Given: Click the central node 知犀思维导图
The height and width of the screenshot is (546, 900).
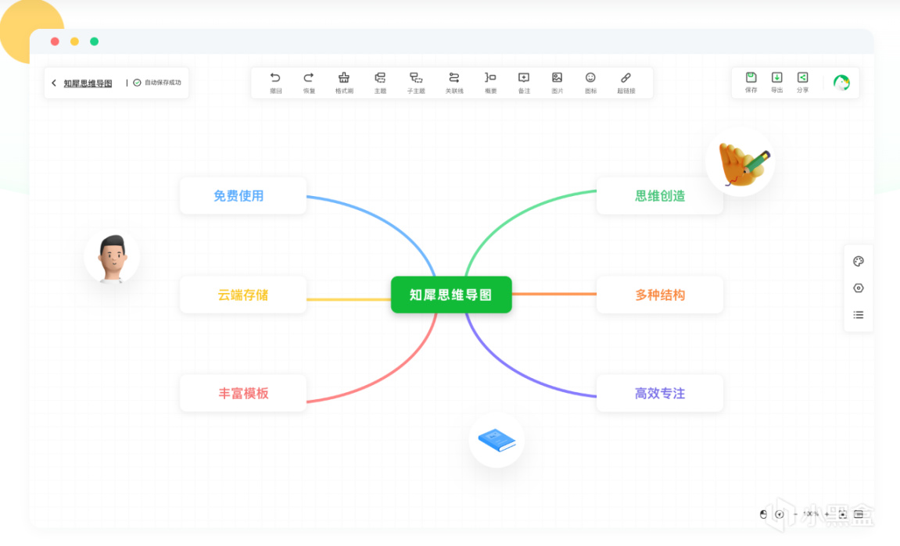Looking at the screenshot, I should [451, 294].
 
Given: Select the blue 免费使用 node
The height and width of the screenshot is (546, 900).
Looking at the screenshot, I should [242, 195].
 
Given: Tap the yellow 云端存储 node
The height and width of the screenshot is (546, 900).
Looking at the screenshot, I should [242, 294].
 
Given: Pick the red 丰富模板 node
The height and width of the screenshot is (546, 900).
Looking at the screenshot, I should [242, 393].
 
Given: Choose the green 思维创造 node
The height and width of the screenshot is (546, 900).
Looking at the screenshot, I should [659, 195].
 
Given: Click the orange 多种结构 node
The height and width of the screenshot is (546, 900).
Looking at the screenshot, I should [659, 294].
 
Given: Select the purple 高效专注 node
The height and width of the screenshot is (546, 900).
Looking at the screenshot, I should [659, 393].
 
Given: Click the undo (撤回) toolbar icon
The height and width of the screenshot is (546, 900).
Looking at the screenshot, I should [275, 78].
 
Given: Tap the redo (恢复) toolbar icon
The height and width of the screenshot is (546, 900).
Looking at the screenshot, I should [309, 78].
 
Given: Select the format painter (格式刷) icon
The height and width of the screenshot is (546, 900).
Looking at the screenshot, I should [344, 78].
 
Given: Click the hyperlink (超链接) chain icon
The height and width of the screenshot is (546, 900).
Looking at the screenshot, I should [626, 78].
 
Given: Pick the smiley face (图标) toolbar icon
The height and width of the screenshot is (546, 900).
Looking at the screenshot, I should [590, 78].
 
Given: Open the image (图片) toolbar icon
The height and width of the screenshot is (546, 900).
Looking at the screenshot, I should [557, 78].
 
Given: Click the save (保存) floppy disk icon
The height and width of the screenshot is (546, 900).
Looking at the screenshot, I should [751, 77].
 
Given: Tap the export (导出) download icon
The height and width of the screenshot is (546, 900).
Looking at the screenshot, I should [776, 77].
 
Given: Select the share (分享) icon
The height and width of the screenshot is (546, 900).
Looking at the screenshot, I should [802, 77].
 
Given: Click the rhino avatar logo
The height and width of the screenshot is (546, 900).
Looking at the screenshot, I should [841, 83].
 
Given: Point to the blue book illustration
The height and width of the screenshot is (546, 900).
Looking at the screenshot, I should [497, 440].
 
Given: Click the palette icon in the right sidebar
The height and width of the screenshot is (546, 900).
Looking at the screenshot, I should [858, 262].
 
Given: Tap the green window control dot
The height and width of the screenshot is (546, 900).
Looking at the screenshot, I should [94, 41].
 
